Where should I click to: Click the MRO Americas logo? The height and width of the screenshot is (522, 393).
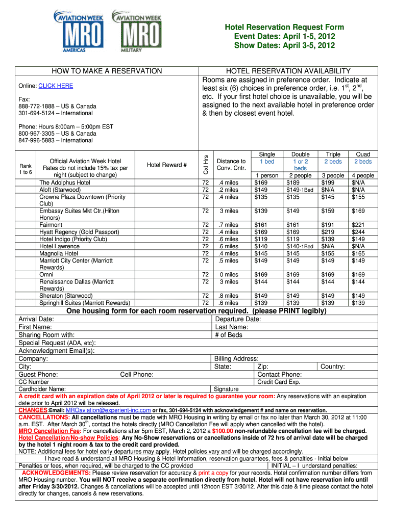[x=79, y=32]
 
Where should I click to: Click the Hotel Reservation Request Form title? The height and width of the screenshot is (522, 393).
[x=284, y=28]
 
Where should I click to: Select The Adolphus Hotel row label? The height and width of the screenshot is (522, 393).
[x=65, y=182]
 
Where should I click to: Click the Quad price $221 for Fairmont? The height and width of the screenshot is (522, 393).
[x=358, y=225]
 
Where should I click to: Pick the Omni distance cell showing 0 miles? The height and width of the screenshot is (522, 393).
[x=228, y=275]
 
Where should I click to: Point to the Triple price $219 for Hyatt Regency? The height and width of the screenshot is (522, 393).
[x=328, y=232]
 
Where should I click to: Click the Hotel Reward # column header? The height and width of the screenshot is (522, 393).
[x=167, y=165]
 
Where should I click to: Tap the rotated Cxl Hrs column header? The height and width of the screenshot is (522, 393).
[x=205, y=164]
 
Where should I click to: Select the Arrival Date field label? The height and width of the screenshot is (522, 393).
[x=36, y=319]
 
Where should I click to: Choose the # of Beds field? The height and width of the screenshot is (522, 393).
[x=229, y=335]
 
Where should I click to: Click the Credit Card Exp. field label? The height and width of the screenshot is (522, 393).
[x=279, y=382]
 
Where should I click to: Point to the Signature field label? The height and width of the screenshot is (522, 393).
[x=226, y=389]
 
